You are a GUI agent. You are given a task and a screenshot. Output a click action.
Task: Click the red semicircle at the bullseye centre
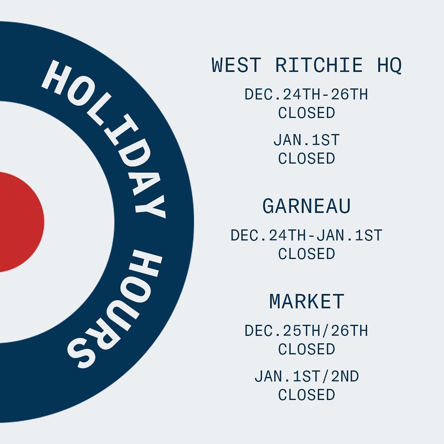[x=20, y=222]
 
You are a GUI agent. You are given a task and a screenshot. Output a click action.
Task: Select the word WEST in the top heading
[x=236, y=65]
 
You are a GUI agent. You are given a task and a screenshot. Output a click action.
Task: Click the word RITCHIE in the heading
[x=319, y=65]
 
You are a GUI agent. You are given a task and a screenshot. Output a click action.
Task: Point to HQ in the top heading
[x=389, y=66]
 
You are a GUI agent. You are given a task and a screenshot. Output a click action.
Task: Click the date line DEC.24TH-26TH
[x=306, y=94]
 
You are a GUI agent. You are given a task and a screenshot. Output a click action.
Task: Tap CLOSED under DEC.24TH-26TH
[x=307, y=113]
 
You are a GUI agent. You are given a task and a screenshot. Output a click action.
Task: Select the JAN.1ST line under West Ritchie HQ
[x=307, y=140]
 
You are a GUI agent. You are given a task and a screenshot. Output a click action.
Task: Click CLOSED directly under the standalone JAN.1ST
[x=307, y=158]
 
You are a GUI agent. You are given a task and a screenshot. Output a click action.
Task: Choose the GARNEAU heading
[x=307, y=206]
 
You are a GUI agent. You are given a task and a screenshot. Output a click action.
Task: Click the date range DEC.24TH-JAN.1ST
[x=307, y=235]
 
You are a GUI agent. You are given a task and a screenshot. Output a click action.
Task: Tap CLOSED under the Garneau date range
[x=307, y=254]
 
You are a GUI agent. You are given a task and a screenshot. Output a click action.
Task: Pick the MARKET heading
[x=307, y=301]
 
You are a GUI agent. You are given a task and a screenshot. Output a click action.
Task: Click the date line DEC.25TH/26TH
[x=306, y=331]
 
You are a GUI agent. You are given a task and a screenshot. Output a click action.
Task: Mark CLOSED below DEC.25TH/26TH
[x=307, y=349]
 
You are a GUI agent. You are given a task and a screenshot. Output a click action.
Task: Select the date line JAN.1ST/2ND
[x=307, y=377]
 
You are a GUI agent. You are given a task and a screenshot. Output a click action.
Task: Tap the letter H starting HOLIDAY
[x=57, y=77]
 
